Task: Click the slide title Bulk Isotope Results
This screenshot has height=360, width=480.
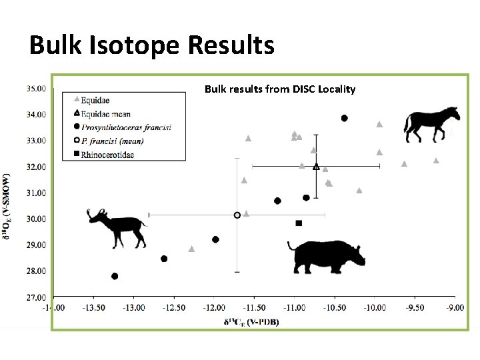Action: click(152, 45)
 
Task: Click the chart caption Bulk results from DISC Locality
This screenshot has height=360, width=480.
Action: click(279, 89)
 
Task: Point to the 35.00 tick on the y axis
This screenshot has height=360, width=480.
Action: click(36, 88)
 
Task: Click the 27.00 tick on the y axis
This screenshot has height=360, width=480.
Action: click(36, 297)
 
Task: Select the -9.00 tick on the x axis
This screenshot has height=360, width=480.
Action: click(455, 307)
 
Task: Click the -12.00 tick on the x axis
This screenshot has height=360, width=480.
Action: click(214, 307)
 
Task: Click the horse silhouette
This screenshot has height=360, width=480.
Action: click(431, 124)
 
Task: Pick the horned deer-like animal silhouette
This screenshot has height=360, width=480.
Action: click(118, 227)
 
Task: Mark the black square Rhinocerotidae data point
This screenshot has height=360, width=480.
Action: click(299, 223)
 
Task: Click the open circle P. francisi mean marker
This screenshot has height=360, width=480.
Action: click(237, 215)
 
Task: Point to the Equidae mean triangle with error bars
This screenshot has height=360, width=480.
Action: click(316, 166)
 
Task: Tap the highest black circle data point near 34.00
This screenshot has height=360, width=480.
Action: click(345, 118)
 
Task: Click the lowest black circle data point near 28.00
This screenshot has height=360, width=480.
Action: click(115, 276)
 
